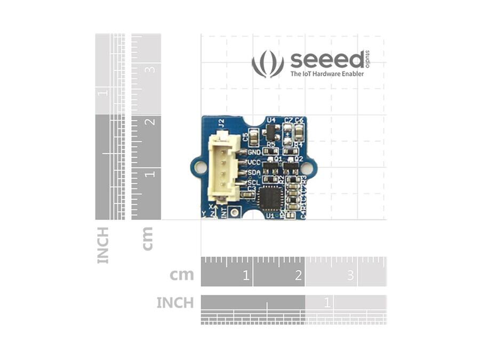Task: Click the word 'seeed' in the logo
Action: tap(326, 60)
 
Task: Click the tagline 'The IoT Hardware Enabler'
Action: tap(327, 74)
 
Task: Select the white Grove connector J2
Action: tap(222, 165)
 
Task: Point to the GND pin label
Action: tap(254, 153)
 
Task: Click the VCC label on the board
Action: tap(254, 162)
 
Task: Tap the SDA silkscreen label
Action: tap(254, 172)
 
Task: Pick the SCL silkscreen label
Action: tap(254, 182)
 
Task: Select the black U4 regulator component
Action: tap(271, 131)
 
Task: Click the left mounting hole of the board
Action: tap(200, 167)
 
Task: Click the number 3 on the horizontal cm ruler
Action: tap(350, 276)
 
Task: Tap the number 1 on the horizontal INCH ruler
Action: tap(327, 303)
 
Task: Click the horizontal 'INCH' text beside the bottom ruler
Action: tap(175, 303)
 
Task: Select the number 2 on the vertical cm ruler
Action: tap(151, 121)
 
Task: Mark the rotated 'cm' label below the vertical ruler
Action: tap(147, 238)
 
